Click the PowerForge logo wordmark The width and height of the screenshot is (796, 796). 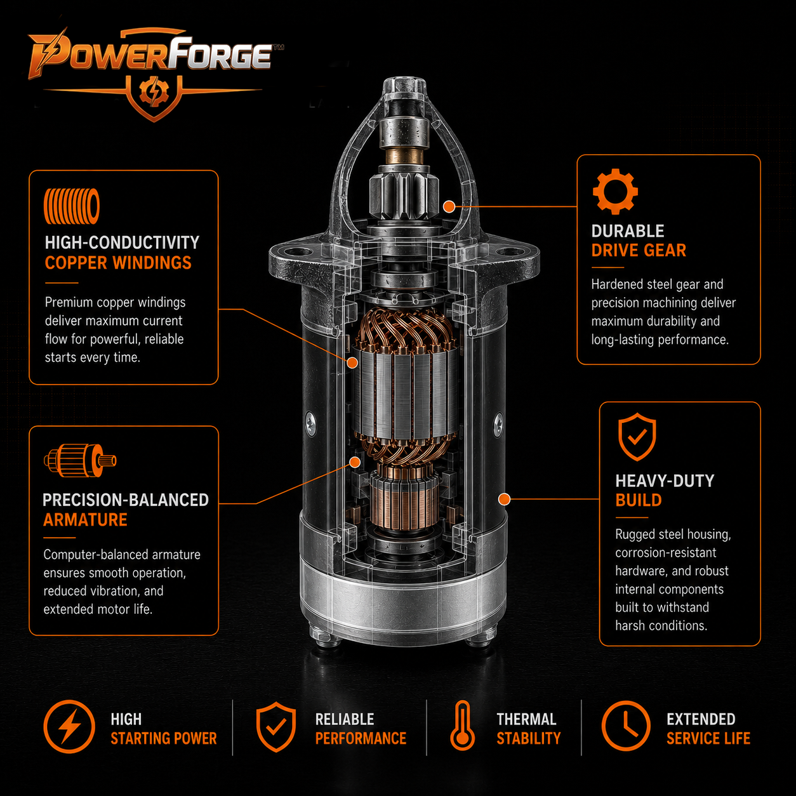[x=151, y=54]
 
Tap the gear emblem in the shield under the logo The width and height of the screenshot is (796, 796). [x=154, y=93]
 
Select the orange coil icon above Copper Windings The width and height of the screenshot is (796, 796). [x=72, y=206]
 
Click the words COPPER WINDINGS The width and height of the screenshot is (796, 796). [x=118, y=263]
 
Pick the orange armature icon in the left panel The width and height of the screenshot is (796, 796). [x=80, y=460]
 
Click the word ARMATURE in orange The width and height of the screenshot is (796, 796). [x=85, y=520]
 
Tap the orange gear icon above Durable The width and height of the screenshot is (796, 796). [x=615, y=191]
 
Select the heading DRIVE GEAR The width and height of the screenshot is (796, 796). [x=639, y=250]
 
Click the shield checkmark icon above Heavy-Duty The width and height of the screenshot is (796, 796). [x=637, y=437]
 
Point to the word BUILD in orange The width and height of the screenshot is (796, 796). [x=639, y=500]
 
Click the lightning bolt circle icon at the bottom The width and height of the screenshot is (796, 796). [x=69, y=726]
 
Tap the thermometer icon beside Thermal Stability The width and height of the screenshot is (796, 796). [x=462, y=726]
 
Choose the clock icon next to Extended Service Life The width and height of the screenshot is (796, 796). [x=626, y=726]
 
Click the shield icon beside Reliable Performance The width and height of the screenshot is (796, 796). [x=276, y=727]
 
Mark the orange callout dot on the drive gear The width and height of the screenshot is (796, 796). [x=449, y=206]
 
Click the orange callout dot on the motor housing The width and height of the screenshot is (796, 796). [x=504, y=499]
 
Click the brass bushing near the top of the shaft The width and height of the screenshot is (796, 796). [x=404, y=157]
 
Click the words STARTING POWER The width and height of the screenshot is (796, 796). [x=164, y=739]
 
